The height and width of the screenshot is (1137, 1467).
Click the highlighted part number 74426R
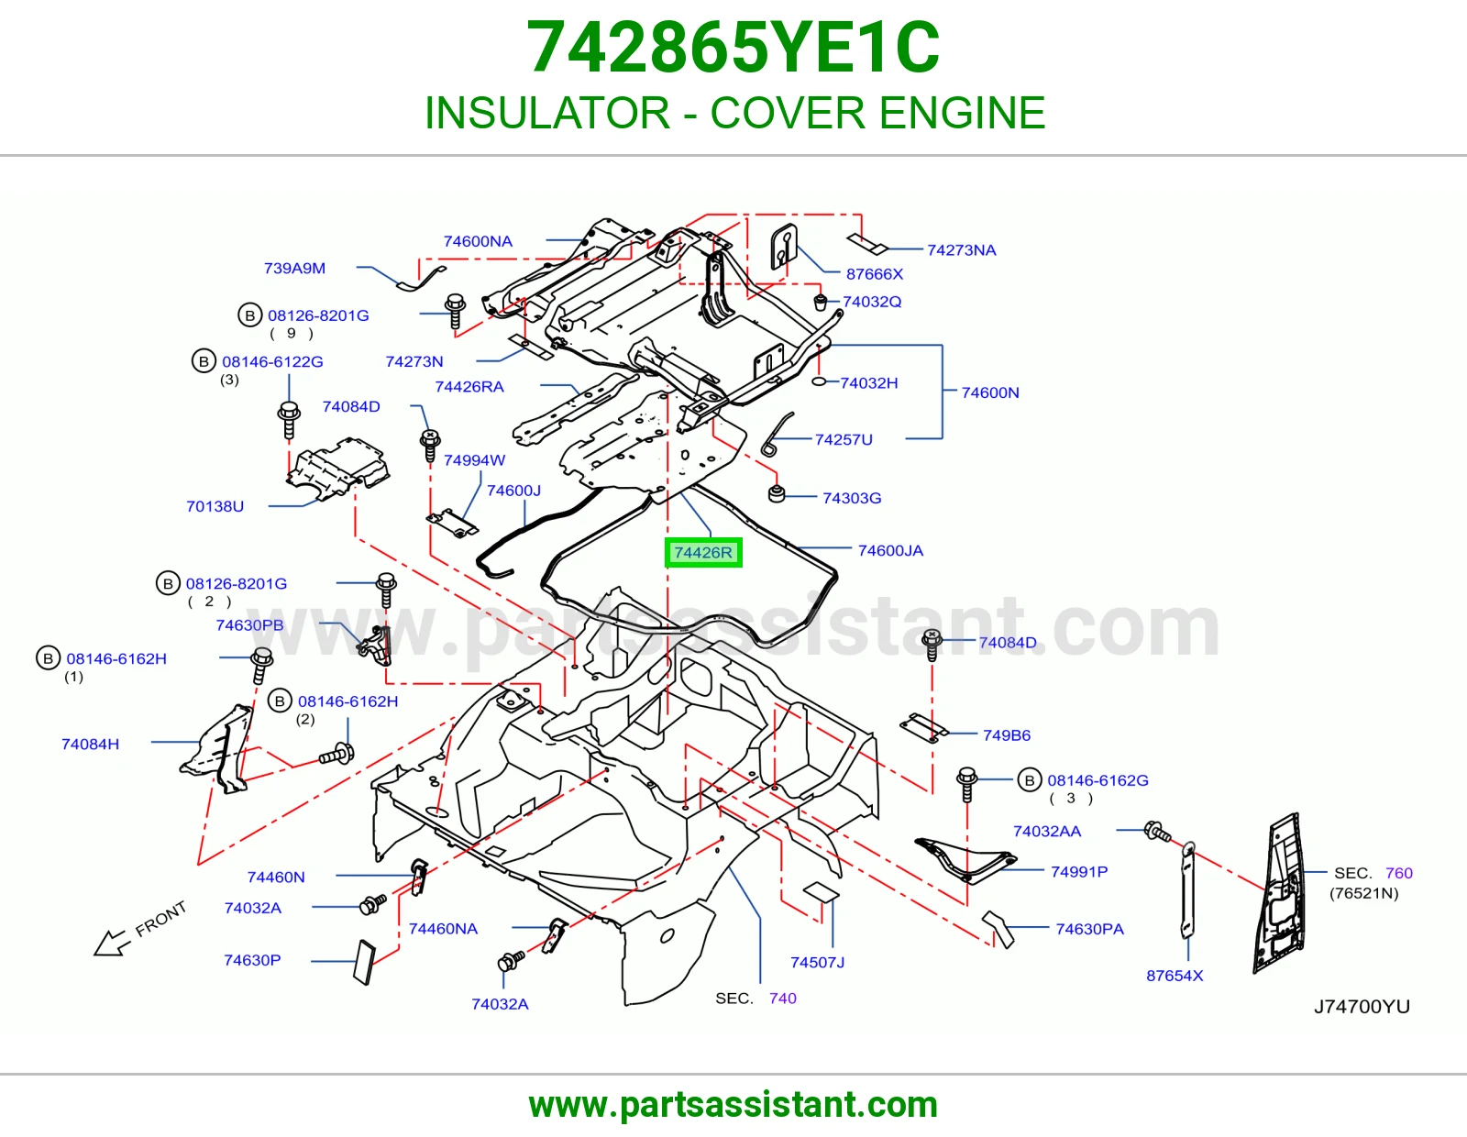(x=702, y=552)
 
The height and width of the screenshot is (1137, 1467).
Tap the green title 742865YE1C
(x=733, y=48)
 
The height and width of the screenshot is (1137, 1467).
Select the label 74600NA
(x=478, y=241)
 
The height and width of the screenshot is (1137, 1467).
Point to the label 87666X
(x=875, y=273)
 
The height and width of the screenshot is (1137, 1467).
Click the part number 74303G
(x=851, y=498)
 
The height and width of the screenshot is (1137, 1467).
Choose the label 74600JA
(x=890, y=550)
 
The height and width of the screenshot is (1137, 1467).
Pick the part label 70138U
(x=215, y=506)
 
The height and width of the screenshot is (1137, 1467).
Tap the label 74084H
(x=90, y=744)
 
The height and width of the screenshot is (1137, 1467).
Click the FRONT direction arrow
(x=111, y=943)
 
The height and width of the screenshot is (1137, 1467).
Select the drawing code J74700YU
(x=1362, y=1007)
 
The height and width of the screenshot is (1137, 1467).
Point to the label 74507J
(x=817, y=962)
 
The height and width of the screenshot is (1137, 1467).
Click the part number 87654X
(x=1174, y=975)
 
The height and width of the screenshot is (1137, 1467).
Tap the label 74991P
(x=1079, y=871)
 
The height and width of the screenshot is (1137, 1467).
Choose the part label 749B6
(x=1007, y=734)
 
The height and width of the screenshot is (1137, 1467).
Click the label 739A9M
(x=294, y=268)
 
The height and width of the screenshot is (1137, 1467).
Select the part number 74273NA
(x=962, y=249)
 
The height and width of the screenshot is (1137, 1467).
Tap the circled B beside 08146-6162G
(x=1030, y=780)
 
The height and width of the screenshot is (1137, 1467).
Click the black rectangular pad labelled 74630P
(x=364, y=962)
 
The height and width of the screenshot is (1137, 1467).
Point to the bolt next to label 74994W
(x=430, y=445)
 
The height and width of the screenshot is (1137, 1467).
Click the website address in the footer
(x=733, y=1105)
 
